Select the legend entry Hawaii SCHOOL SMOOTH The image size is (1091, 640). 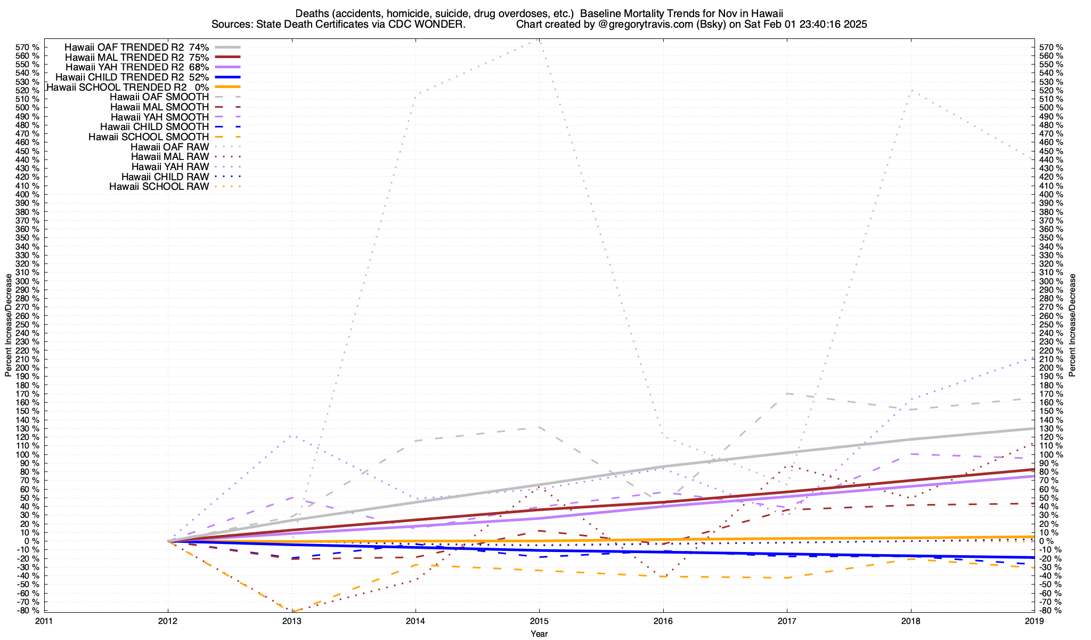[149, 137]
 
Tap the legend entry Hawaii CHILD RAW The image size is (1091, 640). [165, 177]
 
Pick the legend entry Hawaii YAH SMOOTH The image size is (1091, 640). [160, 117]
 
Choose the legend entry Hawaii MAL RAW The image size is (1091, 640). [170, 157]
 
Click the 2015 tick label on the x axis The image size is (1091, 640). [539, 621]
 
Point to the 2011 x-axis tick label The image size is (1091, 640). [44, 621]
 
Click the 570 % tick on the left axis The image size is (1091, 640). [28, 47]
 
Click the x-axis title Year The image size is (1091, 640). [539, 634]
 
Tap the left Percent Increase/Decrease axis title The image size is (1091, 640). [9, 325]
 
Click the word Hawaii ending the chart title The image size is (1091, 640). [768, 13]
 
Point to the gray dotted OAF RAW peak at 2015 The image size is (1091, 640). [539, 40]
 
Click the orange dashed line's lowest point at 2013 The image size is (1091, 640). [292, 611]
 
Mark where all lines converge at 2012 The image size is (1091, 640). [168, 541]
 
